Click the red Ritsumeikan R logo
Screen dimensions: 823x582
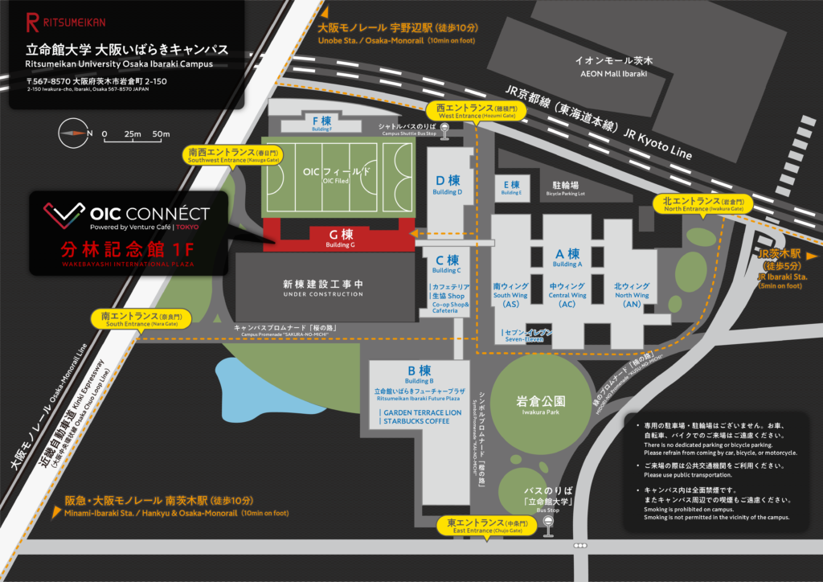tap(32, 22)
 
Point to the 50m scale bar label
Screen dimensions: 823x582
tap(161, 133)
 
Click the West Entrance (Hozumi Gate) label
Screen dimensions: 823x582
tap(465, 112)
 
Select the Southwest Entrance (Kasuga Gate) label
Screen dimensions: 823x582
tap(234, 155)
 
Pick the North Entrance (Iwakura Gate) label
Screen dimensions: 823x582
tap(703, 204)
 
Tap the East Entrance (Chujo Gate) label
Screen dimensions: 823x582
tap(485, 527)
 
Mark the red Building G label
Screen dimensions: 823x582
tap(341, 237)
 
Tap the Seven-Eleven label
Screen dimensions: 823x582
tap(523, 335)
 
